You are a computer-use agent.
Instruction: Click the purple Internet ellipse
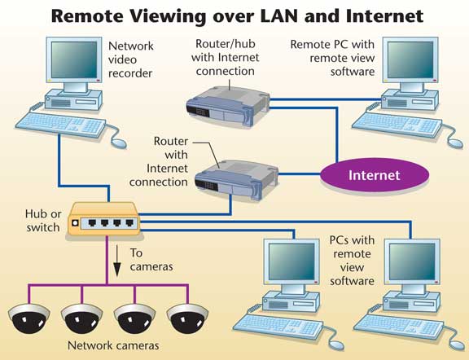click(375, 175)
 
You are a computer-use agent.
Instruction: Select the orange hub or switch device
click(103, 219)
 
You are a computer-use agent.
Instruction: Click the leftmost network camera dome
click(29, 318)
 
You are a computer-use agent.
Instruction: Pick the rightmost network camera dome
click(187, 318)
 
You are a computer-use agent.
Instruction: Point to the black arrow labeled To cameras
click(117, 261)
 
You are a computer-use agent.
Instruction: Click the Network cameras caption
click(113, 345)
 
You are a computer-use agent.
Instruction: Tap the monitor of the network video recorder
click(74, 59)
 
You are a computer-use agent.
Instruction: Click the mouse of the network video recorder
click(119, 143)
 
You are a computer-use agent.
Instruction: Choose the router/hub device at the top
click(228, 107)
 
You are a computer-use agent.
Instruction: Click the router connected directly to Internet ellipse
click(236, 179)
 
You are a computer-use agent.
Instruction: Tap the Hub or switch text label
click(43, 221)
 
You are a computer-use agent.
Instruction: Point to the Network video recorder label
click(131, 59)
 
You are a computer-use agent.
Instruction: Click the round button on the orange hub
click(75, 223)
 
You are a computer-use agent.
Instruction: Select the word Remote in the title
click(87, 15)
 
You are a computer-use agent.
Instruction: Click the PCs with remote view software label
click(352, 261)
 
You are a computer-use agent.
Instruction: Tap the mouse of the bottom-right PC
click(457, 345)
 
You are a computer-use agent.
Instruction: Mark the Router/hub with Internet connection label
click(226, 58)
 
